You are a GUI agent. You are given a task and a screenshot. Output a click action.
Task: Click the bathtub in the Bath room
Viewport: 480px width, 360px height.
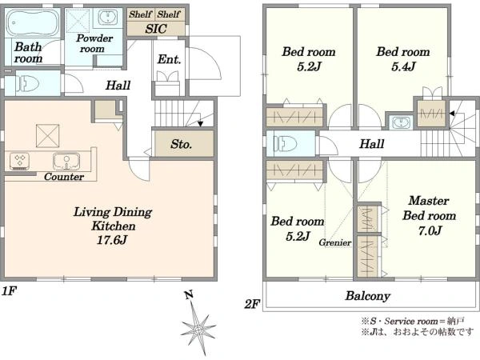point(33,23)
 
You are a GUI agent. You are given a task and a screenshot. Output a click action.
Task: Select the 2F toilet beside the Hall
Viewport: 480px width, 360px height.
point(286,144)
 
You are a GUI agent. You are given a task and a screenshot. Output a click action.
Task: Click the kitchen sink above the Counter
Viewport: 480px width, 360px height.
point(66,161)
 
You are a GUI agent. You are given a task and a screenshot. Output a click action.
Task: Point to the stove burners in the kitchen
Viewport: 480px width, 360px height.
point(19,161)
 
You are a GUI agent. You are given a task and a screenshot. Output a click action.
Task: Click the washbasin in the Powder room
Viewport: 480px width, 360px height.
point(107,18)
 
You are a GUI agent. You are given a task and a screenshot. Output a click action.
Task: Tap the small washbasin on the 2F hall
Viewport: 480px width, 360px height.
point(400,123)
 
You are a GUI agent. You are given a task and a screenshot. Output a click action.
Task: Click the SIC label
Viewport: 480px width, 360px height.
point(156,29)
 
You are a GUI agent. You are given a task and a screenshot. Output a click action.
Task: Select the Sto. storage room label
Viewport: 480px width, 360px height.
point(182,144)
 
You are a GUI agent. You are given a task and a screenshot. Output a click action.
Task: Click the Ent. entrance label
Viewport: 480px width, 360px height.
point(169,59)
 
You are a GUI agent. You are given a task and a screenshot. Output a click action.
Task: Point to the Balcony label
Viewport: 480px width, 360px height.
point(368,296)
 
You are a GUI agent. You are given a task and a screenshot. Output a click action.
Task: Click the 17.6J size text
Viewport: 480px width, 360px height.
point(112,240)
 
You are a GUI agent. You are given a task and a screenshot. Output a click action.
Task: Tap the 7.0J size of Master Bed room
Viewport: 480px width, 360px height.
point(430,230)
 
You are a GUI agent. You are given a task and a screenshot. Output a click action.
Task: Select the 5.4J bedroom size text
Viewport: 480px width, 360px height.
point(403,66)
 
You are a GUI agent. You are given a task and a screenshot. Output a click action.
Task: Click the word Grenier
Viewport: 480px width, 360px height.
point(335,242)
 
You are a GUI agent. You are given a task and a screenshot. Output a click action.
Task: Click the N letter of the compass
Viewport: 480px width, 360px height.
point(189,295)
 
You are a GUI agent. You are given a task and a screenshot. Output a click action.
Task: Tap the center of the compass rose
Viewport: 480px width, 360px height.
point(198,330)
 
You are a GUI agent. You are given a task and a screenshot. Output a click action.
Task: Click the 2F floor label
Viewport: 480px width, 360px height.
point(252,304)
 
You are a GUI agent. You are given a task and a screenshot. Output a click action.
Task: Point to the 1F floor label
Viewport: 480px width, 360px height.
point(9,291)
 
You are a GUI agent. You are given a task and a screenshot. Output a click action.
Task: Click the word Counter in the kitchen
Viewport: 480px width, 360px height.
point(64,177)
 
